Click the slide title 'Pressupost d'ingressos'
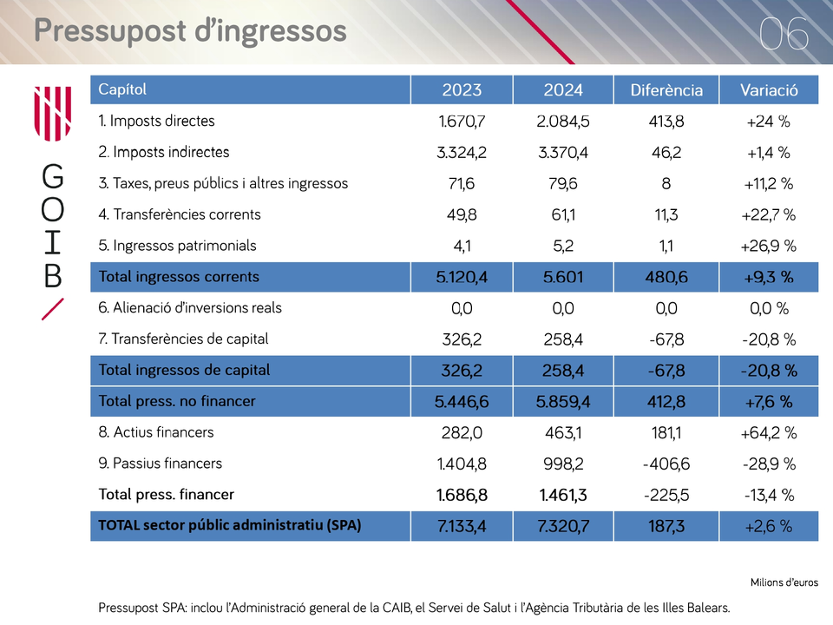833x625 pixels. pyautogui.click(x=190, y=31)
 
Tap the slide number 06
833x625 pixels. pyautogui.click(x=784, y=34)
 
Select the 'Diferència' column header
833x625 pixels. pyautogui.click(x=666, y=89)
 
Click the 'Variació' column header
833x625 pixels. pyautogui.click(x=769, y=89)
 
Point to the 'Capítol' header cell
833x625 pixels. pyautogui.click(x=122, y=89)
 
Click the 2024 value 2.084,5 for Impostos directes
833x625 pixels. pyautogui.click(x=562, y=122)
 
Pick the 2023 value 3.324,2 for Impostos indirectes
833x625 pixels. pyautogui.click(x=461, y=153)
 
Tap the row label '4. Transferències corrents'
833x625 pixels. pyautogui.click(x=180, y=214)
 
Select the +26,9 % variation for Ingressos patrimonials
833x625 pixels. pyautogui.click(x=768, y=246)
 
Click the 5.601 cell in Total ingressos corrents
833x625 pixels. pyautogui.click(x=562, y=277)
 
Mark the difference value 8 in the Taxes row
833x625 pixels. pyautogui.click(x=666, y=183)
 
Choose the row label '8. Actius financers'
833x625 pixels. pyautogui.click(x=155, y=432)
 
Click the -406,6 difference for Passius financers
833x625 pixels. pyautogui.click(x=666, y=464)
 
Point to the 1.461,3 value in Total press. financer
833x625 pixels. pyautogui.click(x=562, y=495)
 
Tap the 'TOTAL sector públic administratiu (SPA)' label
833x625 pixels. pyautogui.click(x=229, y=525)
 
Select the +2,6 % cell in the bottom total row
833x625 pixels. pyautogui.click(x=768, y=526)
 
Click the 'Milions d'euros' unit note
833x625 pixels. pyautogui.click(x=784, y=582)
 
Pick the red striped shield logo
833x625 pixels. pyautogui.click(x=53, y=113)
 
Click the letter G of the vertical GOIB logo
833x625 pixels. pyautogui.click(x=53, y=176)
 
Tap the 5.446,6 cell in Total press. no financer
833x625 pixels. pyautogui.click(x=461, y=402)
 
